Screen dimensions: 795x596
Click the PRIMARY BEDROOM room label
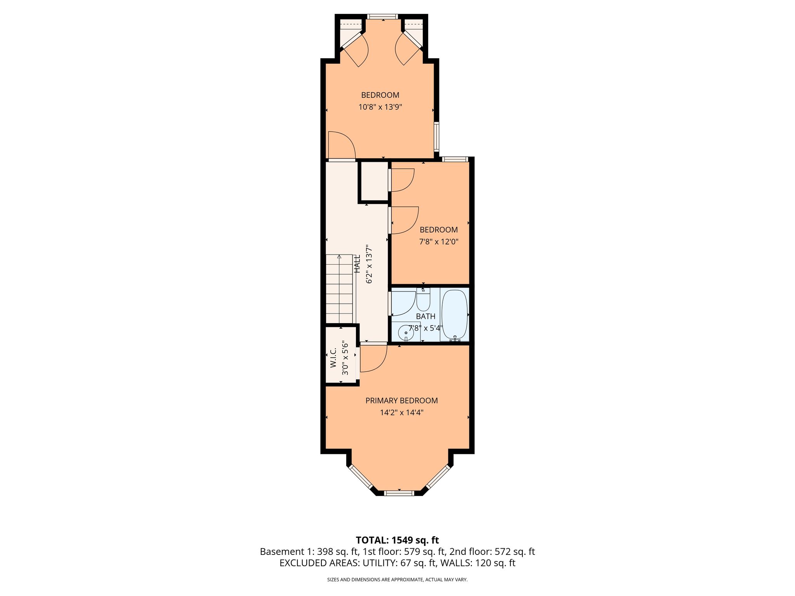(401, 400)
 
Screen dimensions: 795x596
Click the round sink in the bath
(406, 333)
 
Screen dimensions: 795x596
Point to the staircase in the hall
(339, 289)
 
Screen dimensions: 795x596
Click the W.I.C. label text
(333, 358)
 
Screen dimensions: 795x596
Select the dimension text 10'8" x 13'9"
(380, 107)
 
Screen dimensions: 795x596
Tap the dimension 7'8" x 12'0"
(439, 242)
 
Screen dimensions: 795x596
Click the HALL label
(357, 263)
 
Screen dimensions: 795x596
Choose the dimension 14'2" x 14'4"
(401, 412)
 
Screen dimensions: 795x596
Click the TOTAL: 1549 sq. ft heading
(397, 540)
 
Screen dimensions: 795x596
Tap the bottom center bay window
(399, 493)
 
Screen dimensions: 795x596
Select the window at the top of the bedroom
(383, 17)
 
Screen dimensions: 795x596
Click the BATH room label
(425, 317)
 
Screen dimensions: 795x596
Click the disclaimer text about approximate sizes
(397, 580)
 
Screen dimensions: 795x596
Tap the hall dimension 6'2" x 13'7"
(369, 264)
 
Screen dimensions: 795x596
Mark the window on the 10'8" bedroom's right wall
(437, 136)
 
